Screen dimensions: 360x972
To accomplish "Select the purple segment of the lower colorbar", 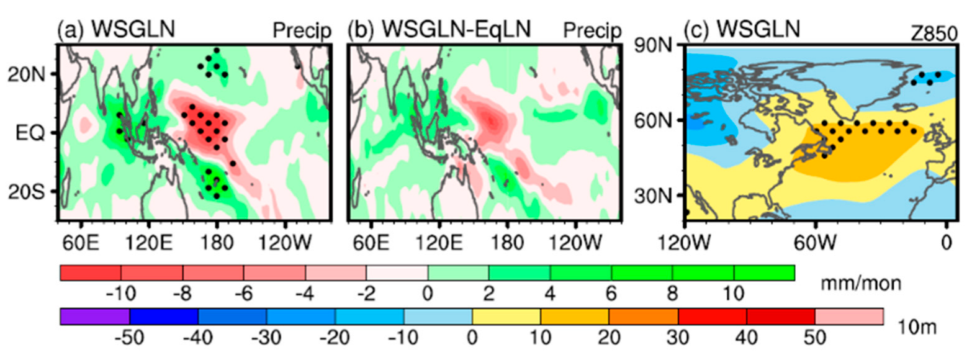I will click(x=95, y=316).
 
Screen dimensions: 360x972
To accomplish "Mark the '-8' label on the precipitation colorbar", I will click(x=183, y=292).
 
